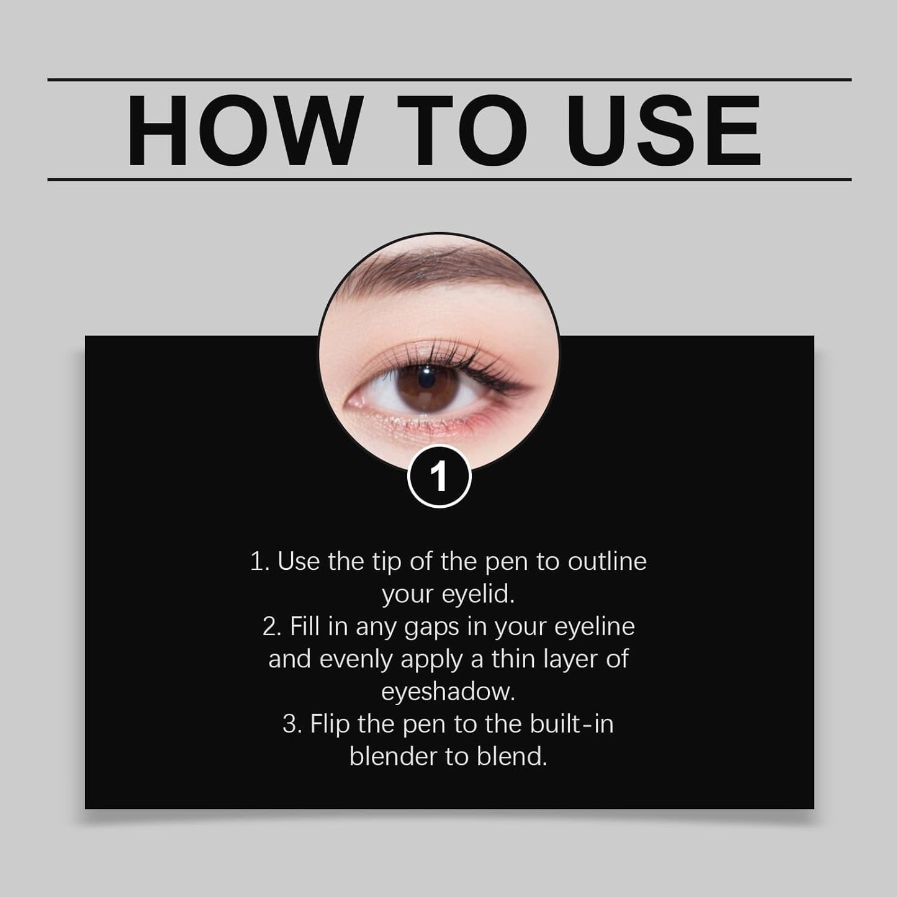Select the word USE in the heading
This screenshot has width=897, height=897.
(x=663, y=131)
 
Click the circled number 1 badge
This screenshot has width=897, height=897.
(x=439, y=477)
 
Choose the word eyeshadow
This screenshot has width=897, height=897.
(x=448, y=692)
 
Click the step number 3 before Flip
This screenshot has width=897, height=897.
(x=290, y=724)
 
